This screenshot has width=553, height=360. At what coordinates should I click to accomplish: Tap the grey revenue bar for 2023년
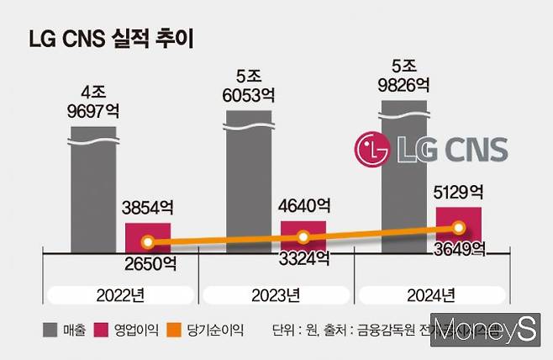pos(248,181)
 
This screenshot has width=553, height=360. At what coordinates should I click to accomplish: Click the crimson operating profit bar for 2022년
pos(148,237)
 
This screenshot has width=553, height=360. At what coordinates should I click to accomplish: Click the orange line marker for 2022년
pos(148,243)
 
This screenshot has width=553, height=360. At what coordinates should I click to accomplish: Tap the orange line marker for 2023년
pos(303,237)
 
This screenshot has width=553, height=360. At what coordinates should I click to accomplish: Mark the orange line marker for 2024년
pos(458,227)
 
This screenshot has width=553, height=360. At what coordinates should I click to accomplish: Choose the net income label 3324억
pos(303,258)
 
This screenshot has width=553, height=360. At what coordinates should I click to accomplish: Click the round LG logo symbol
pos(372,150)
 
